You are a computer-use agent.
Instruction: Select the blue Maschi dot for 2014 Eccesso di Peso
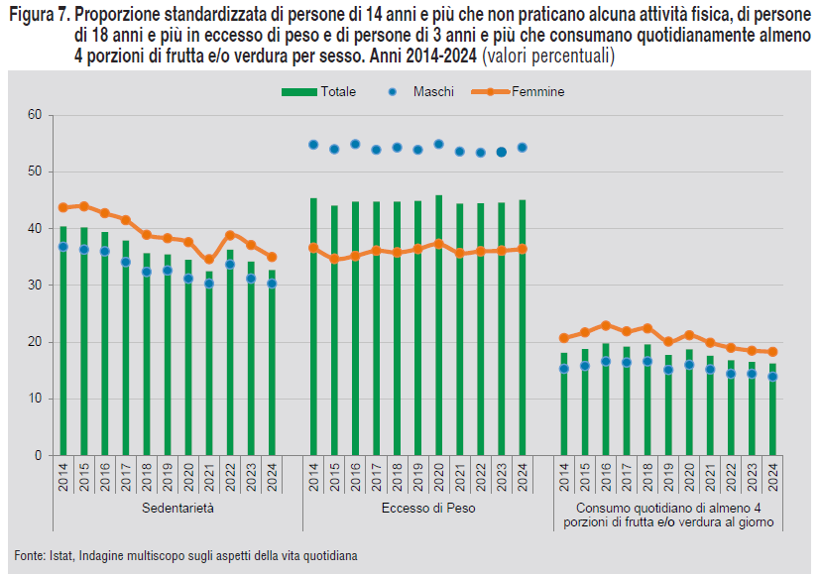pos(313,145)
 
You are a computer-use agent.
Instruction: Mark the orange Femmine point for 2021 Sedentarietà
pos(209,260)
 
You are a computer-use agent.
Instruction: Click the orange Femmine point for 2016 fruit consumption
pos(606,325)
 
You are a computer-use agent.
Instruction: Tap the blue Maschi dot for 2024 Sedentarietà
pos(272,284)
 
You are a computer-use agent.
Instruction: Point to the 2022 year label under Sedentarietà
pos(230,478)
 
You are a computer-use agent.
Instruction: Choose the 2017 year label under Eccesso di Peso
pos(376,478)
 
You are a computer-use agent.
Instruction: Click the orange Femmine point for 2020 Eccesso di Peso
pos(439,244)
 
